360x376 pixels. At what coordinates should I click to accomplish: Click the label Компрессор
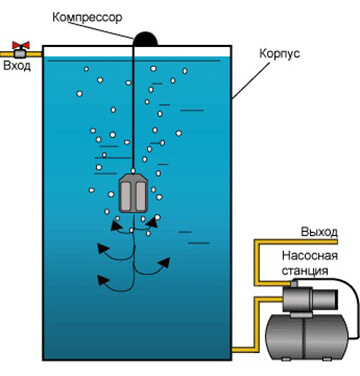pos(87,17)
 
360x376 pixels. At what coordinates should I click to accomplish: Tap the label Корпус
pos(279,54)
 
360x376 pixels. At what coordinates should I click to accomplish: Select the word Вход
pos(17,65)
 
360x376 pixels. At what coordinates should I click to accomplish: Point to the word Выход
pos(319,232)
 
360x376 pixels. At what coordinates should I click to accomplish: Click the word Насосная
pos(310,256)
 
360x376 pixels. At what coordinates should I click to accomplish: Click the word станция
pos(305,270)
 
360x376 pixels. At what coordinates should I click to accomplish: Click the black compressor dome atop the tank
pos(145,39)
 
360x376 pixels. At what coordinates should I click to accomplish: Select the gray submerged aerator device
pos(133,193)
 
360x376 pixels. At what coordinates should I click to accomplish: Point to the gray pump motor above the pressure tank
pos(310,298)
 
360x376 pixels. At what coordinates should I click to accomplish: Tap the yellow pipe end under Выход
pos(336,242)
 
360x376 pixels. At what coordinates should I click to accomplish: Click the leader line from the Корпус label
pos(251,81)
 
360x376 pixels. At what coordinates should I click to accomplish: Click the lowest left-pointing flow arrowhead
pos(102,279)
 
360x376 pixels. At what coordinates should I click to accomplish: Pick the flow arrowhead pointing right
pos(164,262)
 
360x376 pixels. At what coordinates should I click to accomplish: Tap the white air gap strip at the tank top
pos(137,51)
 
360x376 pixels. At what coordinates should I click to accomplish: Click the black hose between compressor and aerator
pos(133,107)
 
